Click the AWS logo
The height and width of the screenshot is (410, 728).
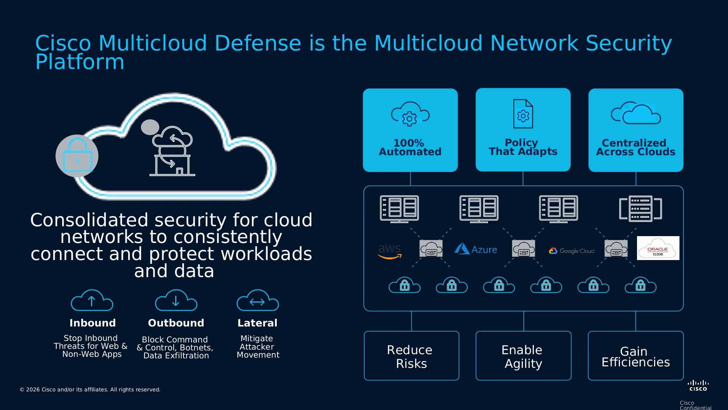click(389, 252)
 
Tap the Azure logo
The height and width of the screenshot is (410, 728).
click(475, 249)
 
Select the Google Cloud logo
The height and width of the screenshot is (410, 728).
click(571, 251)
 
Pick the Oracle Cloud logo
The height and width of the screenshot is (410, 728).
click(658, 248)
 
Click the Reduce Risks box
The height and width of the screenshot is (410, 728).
click(411, 356)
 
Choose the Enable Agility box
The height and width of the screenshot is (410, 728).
click(523, 356)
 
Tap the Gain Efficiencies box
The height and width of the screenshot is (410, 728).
click(635, 356)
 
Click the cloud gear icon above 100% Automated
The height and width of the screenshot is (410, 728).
click(410, 114)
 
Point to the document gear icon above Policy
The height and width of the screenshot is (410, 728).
click(523, 114)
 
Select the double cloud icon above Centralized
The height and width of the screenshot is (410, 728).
click(636, 113)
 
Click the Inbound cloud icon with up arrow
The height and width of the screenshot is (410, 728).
click(92, 300)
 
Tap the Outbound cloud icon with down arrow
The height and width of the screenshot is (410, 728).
click(176, 300)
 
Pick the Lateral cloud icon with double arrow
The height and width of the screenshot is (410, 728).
click(257, 300)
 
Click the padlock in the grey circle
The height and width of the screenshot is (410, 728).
click(77, 156)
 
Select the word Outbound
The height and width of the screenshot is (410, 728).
click(176, 323)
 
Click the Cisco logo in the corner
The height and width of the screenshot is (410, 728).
click(698, 385)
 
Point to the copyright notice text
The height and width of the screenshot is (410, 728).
click(90, 389)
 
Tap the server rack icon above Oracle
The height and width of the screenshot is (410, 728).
click(640, 208)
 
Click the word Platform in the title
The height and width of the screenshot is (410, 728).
click(80, 62)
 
